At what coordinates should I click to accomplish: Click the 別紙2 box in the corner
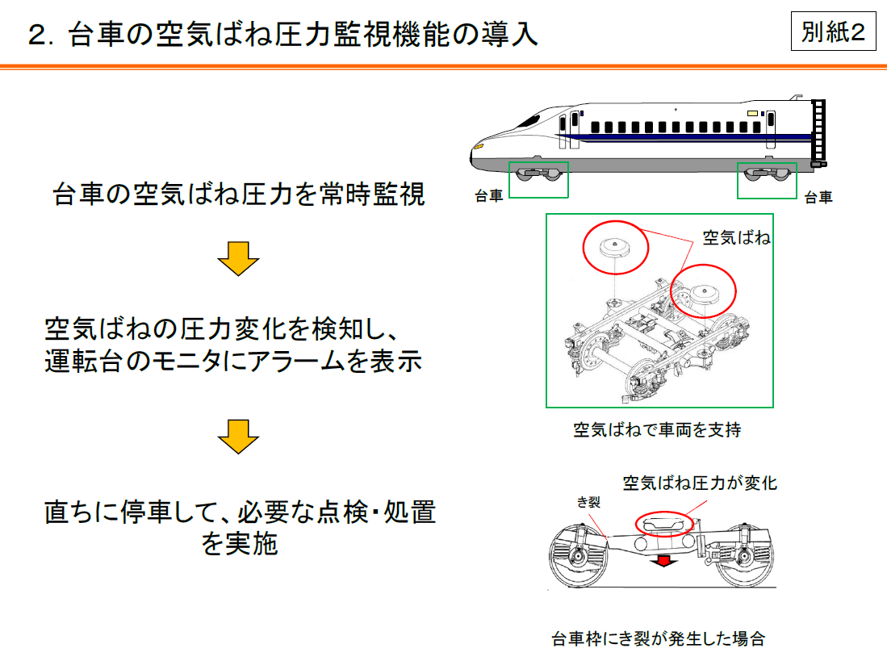coord(833,32)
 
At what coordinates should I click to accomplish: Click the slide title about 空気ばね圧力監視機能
coord(282,35)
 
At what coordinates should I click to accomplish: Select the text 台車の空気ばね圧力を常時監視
coord(239,194)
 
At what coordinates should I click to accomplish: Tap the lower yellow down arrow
coord(238,437)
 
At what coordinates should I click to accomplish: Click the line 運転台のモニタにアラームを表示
coord(233,362)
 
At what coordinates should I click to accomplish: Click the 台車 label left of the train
coord(488,196)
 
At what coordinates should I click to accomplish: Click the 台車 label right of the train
coord(818,196)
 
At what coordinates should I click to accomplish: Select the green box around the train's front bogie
coord(538,179)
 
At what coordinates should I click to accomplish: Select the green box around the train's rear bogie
coord(767,179)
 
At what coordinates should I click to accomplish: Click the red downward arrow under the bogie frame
coord(663,559)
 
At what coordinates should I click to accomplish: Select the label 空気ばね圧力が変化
coord(699,483)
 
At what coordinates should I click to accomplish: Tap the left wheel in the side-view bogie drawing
coord(577,558)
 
